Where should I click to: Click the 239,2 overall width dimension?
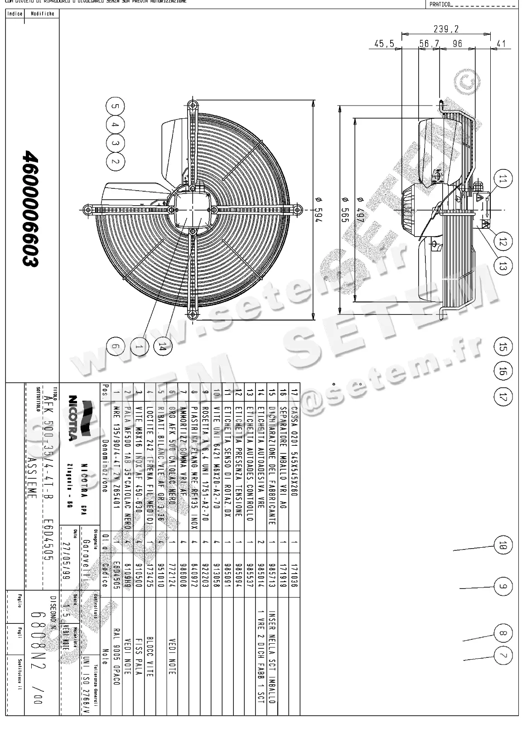(x=446, y=29)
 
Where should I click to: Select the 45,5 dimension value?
(x=384, y=44)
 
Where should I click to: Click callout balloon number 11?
(x=502, y=179)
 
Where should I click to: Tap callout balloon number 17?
(x=502, y=397)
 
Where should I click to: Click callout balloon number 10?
(x=502, y=545)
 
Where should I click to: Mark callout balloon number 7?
(x=502, y=655)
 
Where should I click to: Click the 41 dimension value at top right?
(x=500, y=44)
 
